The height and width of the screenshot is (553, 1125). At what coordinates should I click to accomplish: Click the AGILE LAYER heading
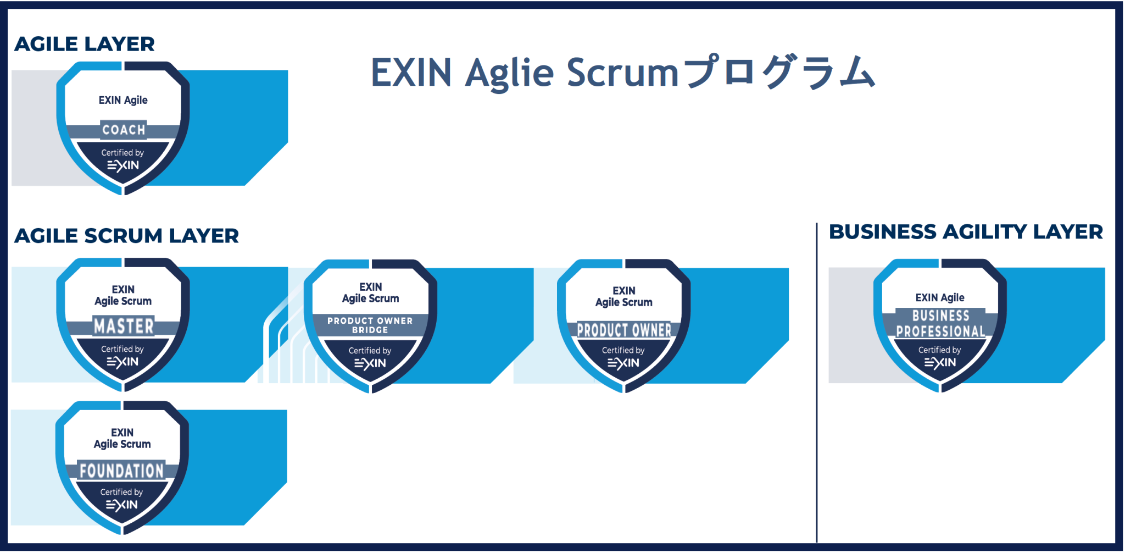tap(85, 44)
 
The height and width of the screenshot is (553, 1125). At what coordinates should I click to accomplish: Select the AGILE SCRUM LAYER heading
tap(126, 236)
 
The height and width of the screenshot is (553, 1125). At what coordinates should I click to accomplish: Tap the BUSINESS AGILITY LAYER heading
tap(966, 232)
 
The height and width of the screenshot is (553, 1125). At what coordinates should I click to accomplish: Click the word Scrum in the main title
tap(622, 73)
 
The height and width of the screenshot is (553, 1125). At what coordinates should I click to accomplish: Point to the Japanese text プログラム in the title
tap(780, 73)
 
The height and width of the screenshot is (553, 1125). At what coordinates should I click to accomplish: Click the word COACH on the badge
tap(124, 130)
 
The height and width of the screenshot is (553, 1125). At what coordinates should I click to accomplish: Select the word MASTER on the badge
tap(124, 326)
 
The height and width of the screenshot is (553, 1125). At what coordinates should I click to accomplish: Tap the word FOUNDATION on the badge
tap(122, 471)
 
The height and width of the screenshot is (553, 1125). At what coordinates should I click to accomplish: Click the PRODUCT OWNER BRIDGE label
tap(370, 325)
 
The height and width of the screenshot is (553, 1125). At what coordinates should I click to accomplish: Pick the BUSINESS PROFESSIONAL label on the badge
tap(940, 323)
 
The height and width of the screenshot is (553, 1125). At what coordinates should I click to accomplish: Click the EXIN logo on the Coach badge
tap(123, 165)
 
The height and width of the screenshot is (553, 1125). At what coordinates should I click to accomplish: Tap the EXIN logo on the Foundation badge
tap(122, 505)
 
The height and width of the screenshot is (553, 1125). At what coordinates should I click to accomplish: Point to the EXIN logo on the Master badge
tap(122, 362)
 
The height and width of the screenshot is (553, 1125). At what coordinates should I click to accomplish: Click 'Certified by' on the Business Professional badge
tap(939, 350)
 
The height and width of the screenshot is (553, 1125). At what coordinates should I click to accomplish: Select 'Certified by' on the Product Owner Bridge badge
tap(370, 350)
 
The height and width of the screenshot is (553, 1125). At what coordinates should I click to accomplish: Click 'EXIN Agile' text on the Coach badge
tap(123, 100)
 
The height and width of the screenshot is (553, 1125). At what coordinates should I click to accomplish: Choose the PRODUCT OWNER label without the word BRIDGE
tap(624, 330)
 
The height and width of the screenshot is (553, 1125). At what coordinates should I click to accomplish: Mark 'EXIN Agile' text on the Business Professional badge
tap(940, 297)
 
